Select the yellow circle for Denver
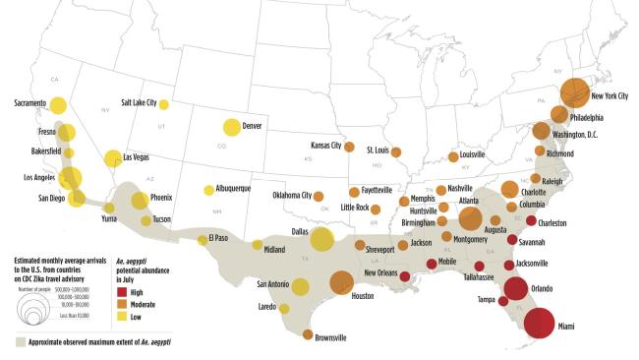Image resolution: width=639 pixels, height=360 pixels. (231, 127)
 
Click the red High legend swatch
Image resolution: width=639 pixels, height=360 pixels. (122, 292)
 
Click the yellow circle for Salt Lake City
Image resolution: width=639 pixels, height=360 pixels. (164, 105)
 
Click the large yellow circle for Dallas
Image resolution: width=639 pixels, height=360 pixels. (321, 239)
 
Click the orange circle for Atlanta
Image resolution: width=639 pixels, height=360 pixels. (470, 218)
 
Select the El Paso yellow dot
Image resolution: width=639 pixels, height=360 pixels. (203, 239)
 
